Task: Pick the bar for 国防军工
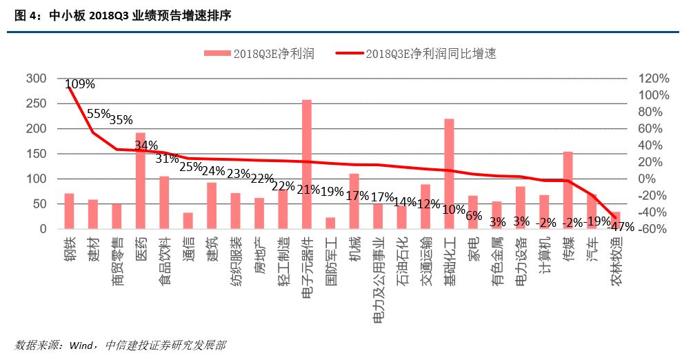[330, 223]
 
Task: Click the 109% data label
[81, 84]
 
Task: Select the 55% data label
[99, 114]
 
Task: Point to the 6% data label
[474, 215]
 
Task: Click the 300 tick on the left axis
[36, 79]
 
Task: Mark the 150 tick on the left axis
[36, 154]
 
